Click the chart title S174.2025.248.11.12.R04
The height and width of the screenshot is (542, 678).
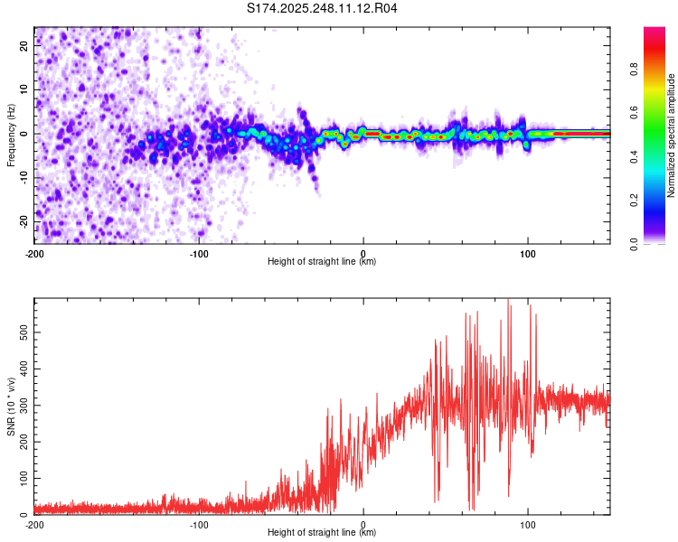point(323,8)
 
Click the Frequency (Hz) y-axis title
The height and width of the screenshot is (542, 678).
point(11,134)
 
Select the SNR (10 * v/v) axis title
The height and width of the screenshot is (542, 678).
point(11,406)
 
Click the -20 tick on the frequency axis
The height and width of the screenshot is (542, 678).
point(24,221)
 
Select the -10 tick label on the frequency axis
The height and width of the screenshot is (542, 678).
point(24,177)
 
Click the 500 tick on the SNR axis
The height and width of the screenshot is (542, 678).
point(22,332)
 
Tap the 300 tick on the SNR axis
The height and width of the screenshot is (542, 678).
point(22,405)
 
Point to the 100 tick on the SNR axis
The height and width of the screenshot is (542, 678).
point(22,477)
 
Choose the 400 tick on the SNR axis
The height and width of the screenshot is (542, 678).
point(22,369)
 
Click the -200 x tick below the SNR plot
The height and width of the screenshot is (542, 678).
point(34,524)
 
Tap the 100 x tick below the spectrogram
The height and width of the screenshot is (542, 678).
point(527,253)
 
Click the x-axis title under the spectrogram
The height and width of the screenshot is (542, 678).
point(322,262)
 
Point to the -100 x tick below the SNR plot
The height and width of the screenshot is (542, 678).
point(199,524)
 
